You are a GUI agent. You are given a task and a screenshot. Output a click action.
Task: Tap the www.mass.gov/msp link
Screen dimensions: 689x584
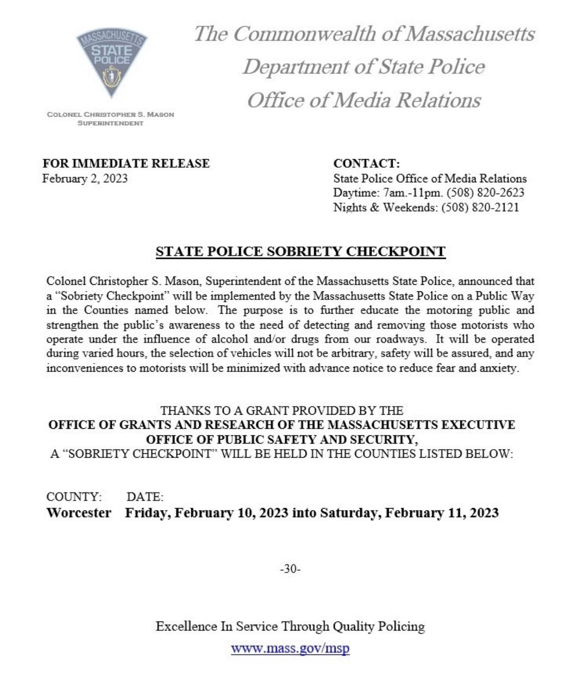[290, 647]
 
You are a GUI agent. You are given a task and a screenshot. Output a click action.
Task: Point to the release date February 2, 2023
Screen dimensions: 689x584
[85, 179]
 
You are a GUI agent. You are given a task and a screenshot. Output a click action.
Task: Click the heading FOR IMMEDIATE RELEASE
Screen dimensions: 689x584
[126, 163]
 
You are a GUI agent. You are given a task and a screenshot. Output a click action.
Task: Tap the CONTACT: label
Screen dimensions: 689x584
[366, 163]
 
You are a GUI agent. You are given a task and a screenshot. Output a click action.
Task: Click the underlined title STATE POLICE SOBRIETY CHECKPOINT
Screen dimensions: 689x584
[300, 251]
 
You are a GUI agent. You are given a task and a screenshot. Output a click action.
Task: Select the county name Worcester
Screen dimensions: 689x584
[79, 513]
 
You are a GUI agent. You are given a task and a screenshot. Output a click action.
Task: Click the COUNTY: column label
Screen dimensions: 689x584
[74, 497]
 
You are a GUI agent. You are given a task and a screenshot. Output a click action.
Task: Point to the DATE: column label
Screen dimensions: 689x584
[145, 497]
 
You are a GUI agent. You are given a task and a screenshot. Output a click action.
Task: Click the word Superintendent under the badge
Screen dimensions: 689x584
[110, 123]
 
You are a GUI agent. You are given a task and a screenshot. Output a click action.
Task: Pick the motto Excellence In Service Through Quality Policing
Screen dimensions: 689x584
[290, 627]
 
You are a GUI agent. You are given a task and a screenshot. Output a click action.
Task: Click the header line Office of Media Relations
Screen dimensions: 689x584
[364, 100]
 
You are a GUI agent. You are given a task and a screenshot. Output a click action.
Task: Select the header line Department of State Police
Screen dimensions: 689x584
[364, 67]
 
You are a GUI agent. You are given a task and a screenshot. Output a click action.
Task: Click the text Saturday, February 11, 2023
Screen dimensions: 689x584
[409, 513]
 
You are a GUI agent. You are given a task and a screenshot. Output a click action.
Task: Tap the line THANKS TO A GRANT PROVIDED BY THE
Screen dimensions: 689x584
[281, 410]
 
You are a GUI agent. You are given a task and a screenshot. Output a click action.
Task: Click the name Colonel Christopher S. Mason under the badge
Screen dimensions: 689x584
[110, 114]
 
